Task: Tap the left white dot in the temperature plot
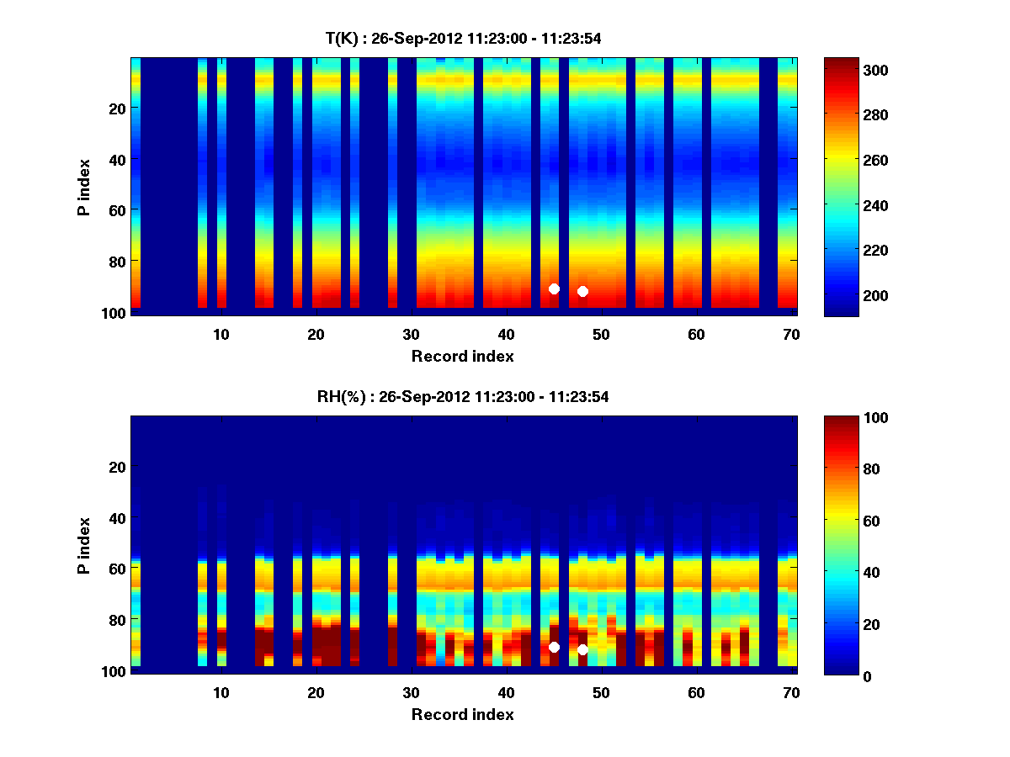(x=554, y=289)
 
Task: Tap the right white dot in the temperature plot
(x=582, y=291)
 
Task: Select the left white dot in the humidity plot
(x=554, y=647)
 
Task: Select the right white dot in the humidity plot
(x=582, y=649)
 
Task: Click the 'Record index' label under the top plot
(x=462, y=356)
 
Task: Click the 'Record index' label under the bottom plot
(x=462, y=714)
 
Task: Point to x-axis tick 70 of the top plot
(x=791, y=334)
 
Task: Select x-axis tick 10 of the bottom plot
(x=221, y=692)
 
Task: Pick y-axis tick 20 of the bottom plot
(x=117, y=467)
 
